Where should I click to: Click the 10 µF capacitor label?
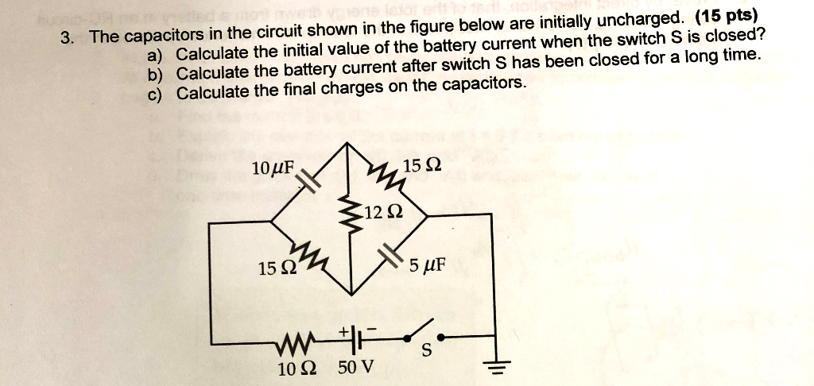pyautogui.click(x=273, y=169)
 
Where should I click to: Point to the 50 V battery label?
pyautogui.click(x=355, y=368)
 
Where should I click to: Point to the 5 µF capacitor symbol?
pyautogui.click(x=390, y=256)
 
